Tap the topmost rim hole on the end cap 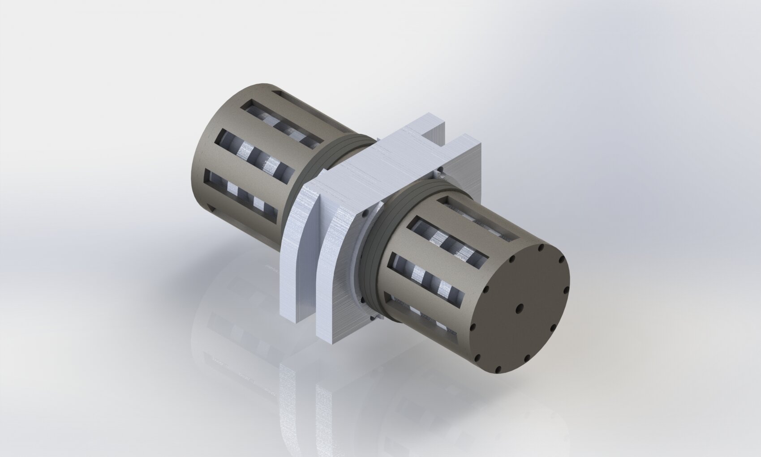click(x=541, y=247)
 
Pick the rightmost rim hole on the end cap click(x=567, y=291)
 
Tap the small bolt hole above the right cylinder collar click(x=441, y=170)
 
